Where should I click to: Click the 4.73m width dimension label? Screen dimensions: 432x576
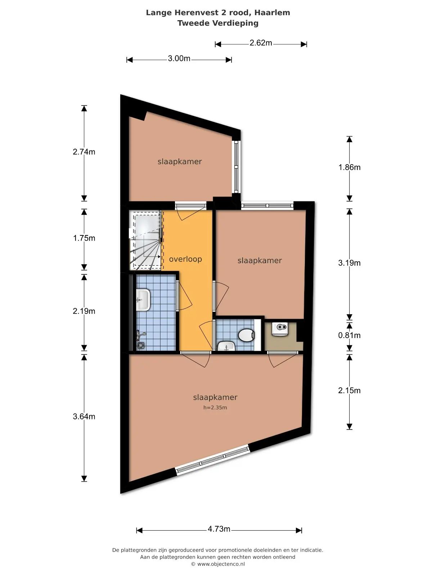[x=219, y=528]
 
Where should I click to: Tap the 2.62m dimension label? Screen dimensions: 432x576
[x=260, y=43]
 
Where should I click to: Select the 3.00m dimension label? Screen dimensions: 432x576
[x=179, y=58]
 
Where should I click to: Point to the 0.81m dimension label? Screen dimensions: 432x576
[x=349, y=335]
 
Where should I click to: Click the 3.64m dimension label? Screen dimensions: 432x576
[x=84, y=416]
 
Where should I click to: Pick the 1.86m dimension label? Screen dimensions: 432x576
[x=349, y=167]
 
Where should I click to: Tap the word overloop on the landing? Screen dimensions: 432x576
[x=185, y=259]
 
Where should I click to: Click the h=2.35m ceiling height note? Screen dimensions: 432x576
[x=215, y=408]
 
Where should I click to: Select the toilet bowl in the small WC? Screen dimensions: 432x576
[x=246, y=335]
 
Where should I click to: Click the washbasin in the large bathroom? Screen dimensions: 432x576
[x=143, y=300]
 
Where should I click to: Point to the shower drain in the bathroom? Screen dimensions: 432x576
[x=141, y=345]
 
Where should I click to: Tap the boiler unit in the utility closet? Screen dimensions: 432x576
[x=280, y=329]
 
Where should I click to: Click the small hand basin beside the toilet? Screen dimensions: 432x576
[x=226, y=346]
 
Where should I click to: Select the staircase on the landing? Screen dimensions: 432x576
[x=145, y=240]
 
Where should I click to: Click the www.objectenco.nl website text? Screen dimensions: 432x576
[x=221, y=564]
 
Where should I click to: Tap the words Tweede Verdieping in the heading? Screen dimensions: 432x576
[x=218, y=23]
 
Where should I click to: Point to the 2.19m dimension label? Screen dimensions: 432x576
[x=84, y=311]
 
